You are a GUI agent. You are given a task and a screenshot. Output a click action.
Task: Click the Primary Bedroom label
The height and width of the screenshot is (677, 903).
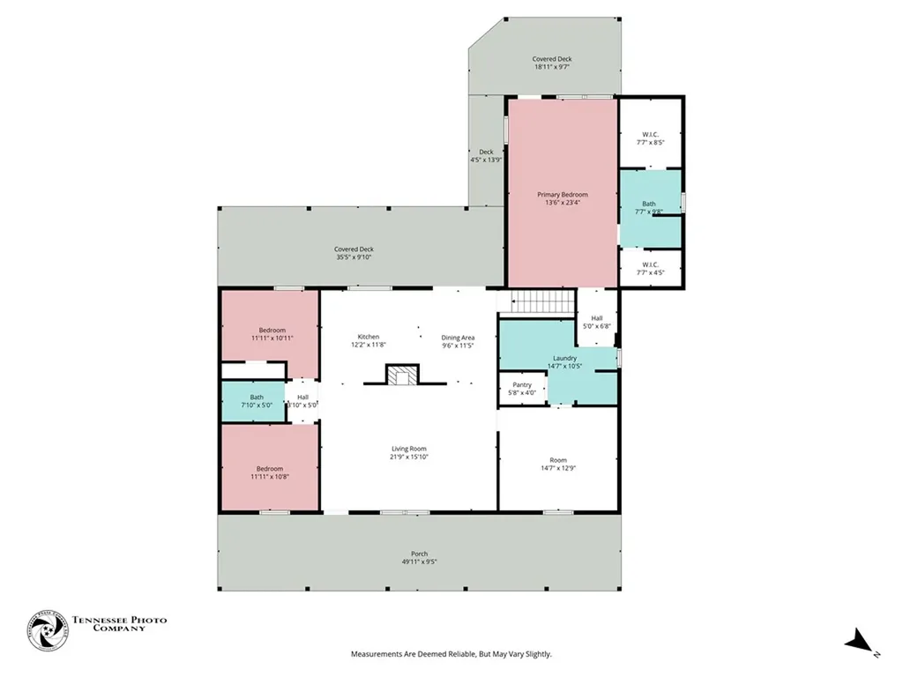563,194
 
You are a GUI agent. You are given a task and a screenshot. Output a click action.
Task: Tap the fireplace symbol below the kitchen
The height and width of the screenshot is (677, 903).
404,376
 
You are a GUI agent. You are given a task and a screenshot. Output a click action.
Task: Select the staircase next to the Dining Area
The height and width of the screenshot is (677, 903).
537,303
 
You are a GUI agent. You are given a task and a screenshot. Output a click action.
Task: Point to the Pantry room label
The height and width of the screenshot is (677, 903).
522,384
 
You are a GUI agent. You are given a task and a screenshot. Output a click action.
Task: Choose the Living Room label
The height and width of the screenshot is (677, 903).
408,449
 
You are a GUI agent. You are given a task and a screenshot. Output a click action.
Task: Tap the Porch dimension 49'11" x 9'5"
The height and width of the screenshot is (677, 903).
419,562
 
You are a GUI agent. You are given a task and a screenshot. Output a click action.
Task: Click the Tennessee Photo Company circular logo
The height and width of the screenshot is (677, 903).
47,631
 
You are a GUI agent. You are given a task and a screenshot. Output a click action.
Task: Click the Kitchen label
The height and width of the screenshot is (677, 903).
369,337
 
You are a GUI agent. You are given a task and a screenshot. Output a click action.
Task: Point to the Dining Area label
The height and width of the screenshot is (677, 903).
459,338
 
